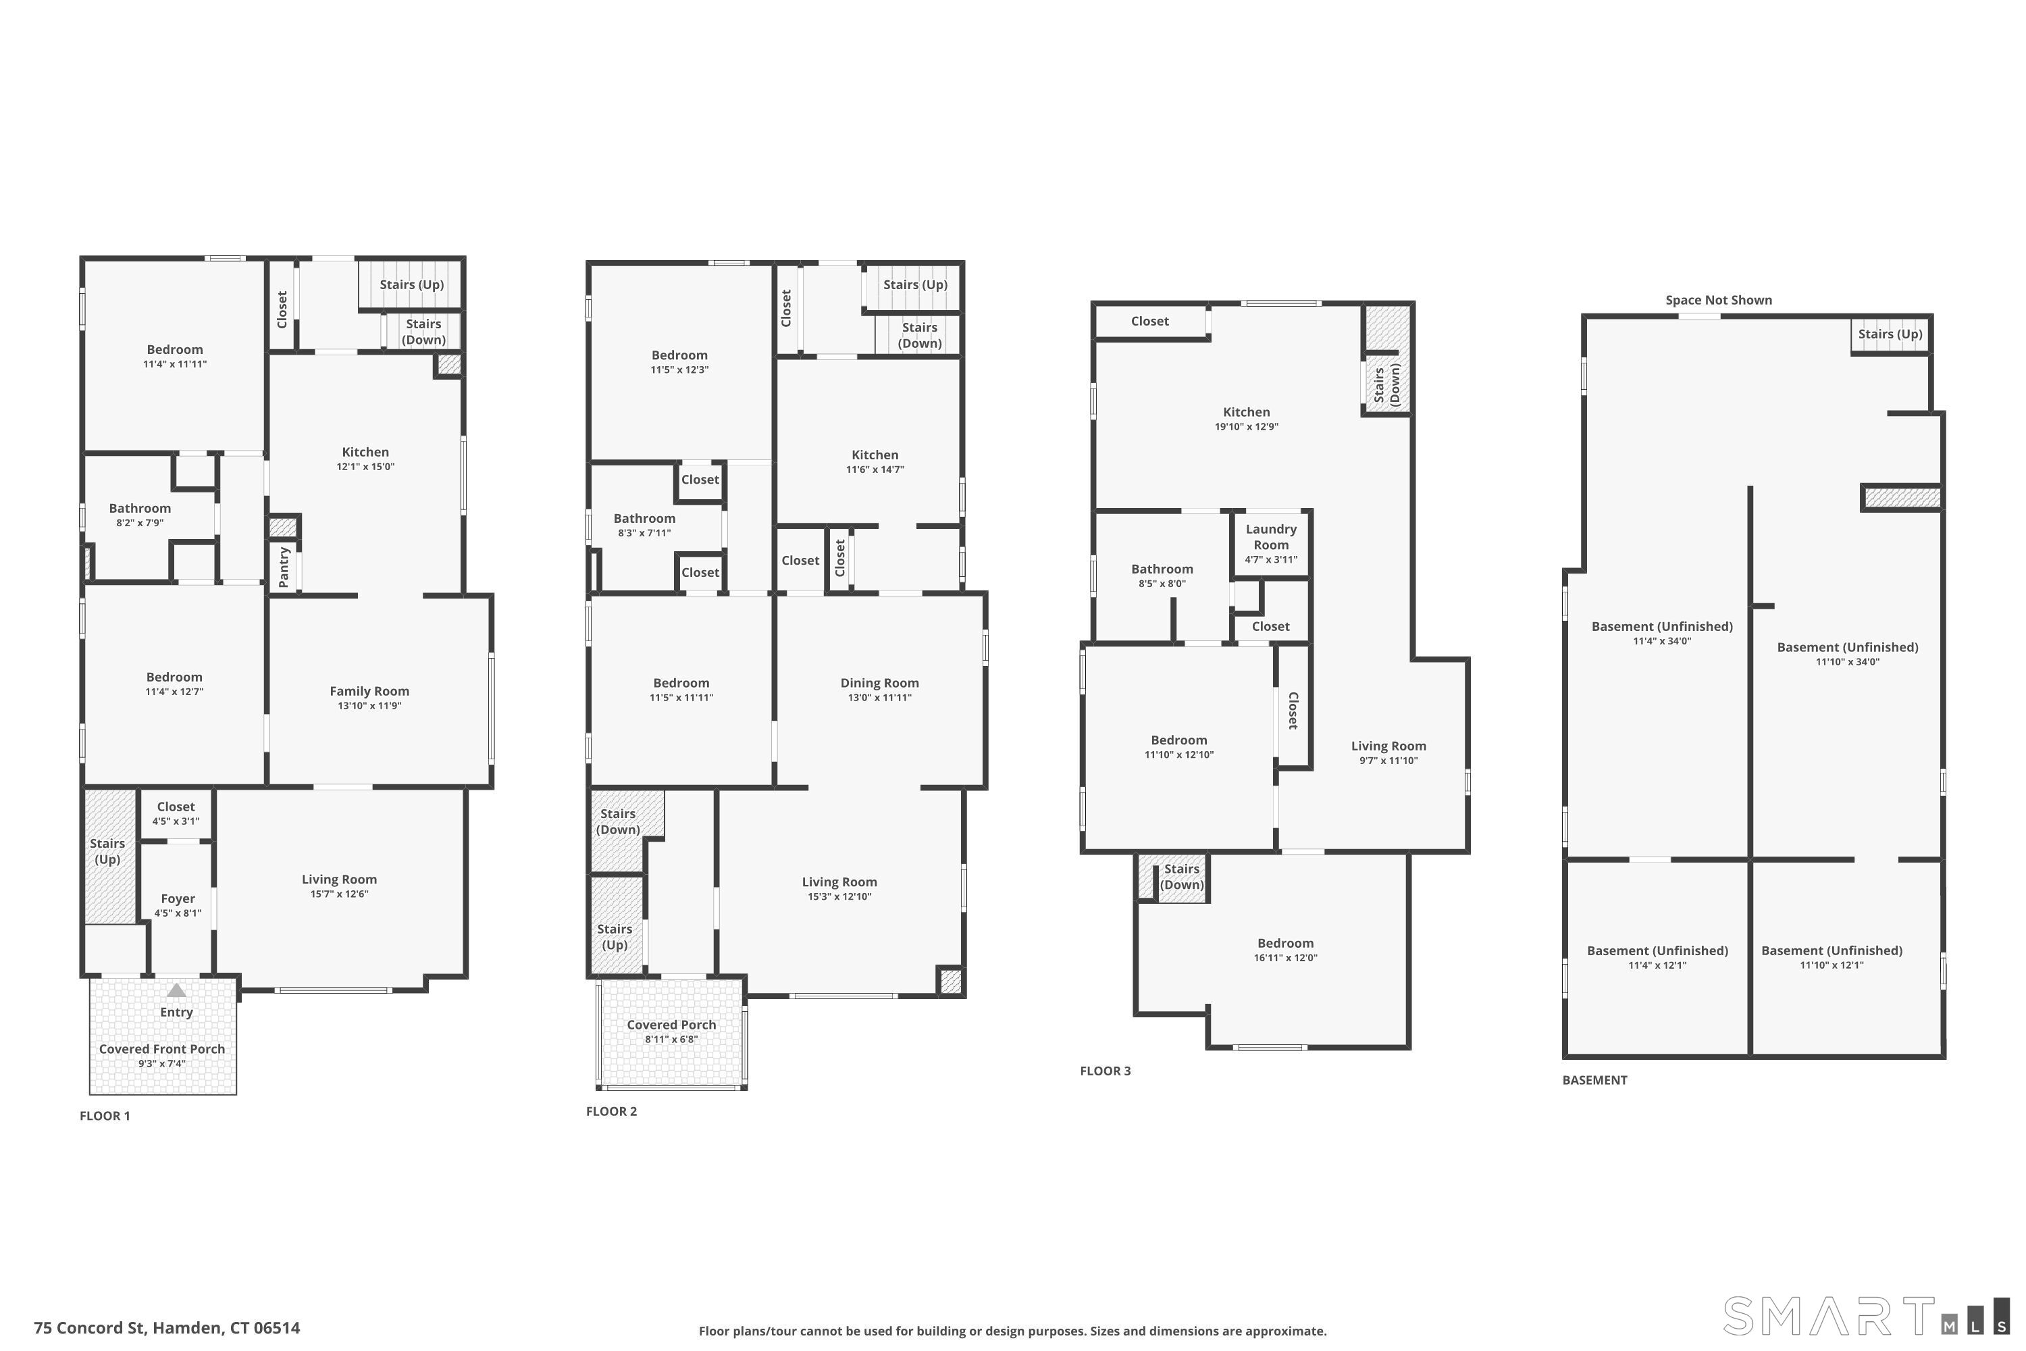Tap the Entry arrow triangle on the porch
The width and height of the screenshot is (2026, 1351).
pos(176,990)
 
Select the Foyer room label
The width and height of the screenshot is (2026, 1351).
pos(178,898)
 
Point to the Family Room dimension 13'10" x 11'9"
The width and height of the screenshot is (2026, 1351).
pos(369,706)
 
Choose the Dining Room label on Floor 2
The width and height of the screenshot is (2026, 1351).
pos(879,683)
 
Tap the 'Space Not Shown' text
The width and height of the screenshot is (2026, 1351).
pos(1719,300)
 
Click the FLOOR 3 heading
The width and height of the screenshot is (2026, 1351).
pos(1105,1071)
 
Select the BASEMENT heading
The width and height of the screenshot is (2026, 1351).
pos(1594,1079)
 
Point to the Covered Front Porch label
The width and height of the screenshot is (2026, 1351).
pos(162,1048)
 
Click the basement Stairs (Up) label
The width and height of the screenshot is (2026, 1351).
pos(1890,334)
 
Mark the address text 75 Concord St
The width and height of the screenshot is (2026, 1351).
pos(88,1328)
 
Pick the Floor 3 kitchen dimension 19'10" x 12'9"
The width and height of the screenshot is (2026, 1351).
pos(1247,426)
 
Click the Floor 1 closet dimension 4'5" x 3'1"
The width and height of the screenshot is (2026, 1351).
pos(176,821)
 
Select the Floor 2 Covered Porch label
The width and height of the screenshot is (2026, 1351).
pos(671,1025)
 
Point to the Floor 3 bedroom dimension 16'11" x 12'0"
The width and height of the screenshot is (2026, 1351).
pos(1285,957)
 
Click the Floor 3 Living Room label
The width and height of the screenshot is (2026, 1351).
pos(1388,746)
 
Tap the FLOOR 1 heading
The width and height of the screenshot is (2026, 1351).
pos(105,1116)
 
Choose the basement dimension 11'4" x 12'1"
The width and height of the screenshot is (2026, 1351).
pos(1657,965)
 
